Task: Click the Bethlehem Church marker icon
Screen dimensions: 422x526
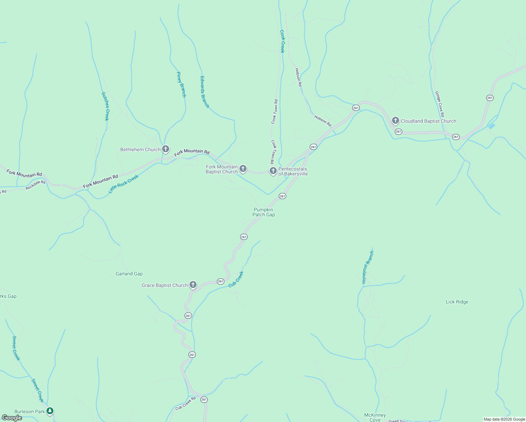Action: click(166, 149)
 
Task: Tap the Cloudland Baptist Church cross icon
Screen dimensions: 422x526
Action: click(395, 121)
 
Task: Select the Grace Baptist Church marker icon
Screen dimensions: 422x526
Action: click(193, 284)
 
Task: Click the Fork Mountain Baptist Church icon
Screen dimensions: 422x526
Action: click(243, 169)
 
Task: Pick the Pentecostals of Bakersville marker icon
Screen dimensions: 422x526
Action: click(273, 171)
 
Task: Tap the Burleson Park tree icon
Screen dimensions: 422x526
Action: click(50, 411)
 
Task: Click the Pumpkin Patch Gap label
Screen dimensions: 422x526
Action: click(264, 212)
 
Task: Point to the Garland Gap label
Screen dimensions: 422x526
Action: click(129, 274)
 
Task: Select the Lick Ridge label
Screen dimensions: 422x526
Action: click(457, 302)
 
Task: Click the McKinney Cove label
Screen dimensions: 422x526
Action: click(375, 417)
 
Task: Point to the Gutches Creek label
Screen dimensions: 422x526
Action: click(105, 106)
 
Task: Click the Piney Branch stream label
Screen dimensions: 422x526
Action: click(181, 84)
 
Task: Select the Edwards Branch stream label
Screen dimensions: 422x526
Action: click(205, 92)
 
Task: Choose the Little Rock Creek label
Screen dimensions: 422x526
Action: click(123, 184)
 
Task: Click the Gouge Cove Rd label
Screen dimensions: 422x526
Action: click(440, 104)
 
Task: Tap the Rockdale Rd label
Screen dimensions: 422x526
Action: click(36, 185)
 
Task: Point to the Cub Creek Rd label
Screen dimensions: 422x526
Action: click(185, 403)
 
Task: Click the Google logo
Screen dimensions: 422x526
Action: click(12, 418)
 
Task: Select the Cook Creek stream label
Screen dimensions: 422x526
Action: click(282, 41)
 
